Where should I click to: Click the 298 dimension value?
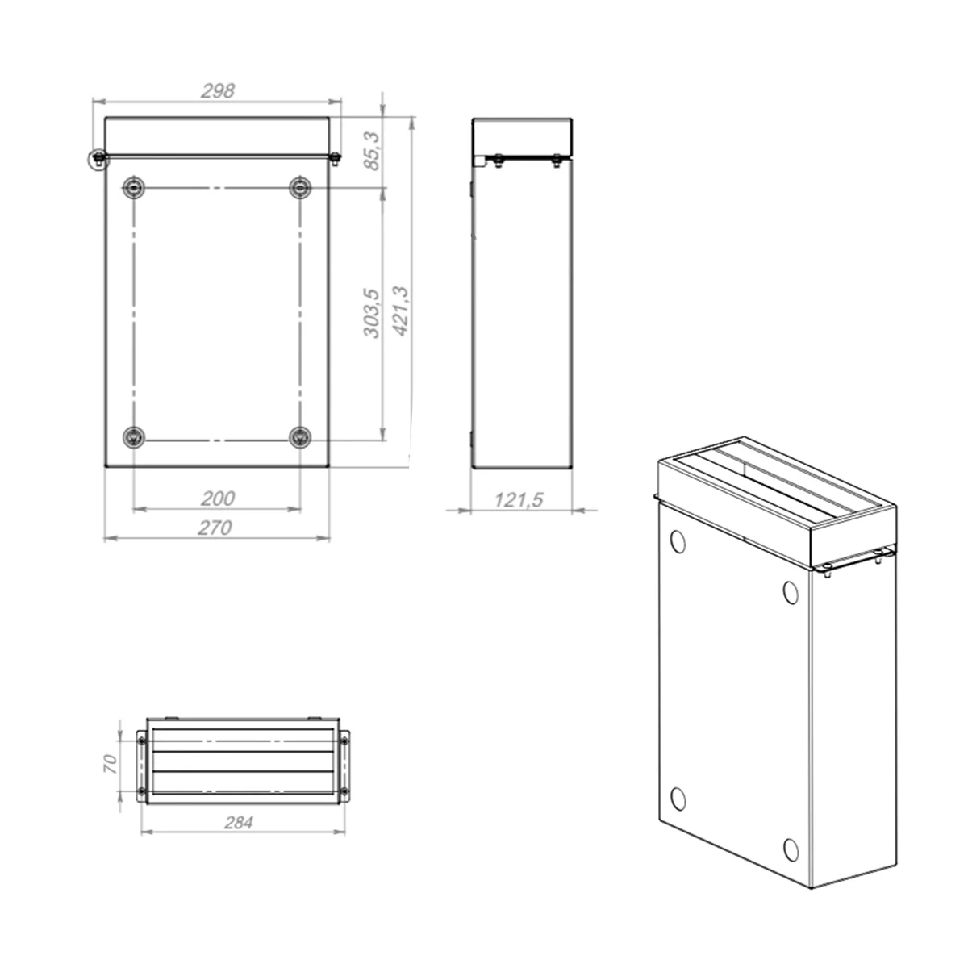point(218,90)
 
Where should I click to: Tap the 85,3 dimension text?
point(372,151)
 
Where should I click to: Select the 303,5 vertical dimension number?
point(371,313)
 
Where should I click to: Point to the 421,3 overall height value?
point(401,311)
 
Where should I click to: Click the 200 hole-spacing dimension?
point(218,499)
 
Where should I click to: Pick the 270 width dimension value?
point(215,528)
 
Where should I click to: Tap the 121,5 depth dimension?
point(519,500)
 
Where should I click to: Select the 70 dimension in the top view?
point(110,764)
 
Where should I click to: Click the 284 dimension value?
point(239,823)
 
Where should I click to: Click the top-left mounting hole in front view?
point(134,188)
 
